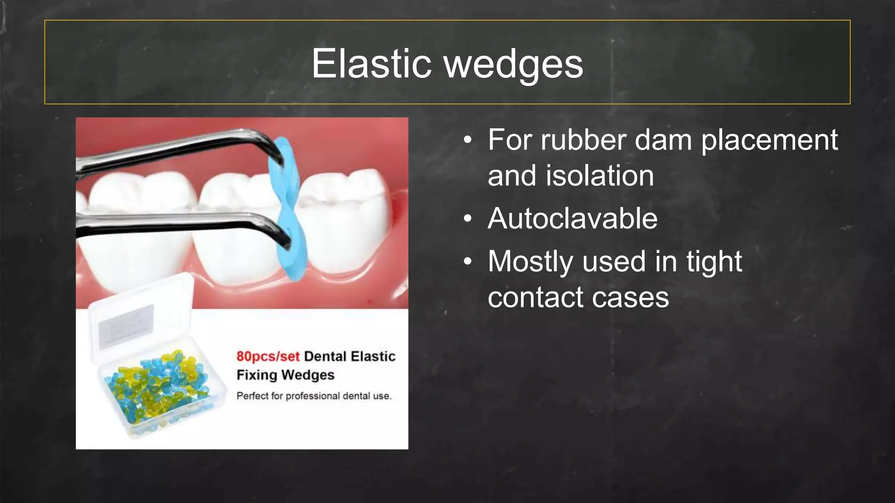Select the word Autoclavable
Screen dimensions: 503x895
[x=572, y=218]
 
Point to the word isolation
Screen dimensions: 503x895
[x=600, y=176]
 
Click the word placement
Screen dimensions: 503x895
[x=769, y=141]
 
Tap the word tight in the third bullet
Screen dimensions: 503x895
[x=714, y=262]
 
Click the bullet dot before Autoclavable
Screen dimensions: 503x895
[x=468, y=218]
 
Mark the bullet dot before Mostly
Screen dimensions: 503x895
[x=468, y=261]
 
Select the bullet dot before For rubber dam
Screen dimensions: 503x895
[x=468, y=140]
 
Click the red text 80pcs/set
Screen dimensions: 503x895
[x=268, y=356]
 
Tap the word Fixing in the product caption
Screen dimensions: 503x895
[x=257, y=375]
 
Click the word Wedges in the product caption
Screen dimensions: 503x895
[x=308, y=375]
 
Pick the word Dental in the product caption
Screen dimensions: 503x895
[x=325, y=356]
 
